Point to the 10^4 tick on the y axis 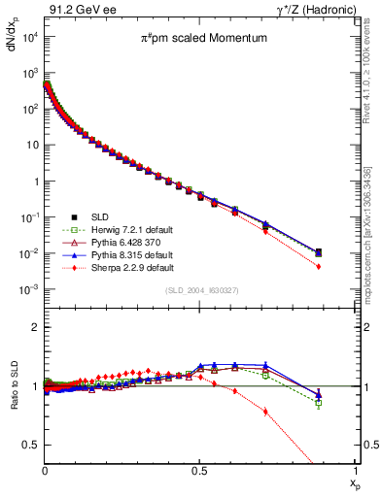tap(30, 37)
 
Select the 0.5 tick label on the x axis tap(200, 472)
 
